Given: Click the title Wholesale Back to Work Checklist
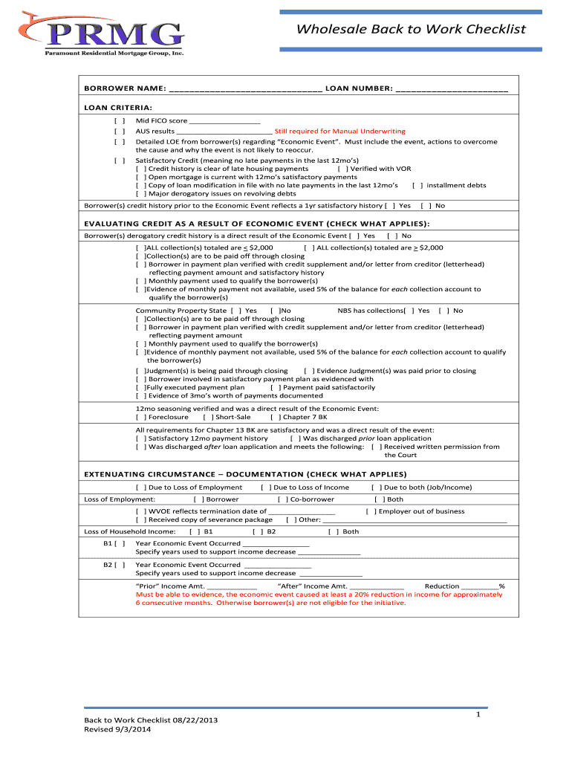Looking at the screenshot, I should click(x=411, y=29).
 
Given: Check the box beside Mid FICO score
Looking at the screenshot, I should click(x=119, y=120).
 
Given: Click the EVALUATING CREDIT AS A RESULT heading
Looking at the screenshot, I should click(x=256, y=224).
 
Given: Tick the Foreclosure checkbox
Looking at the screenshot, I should click(x=140, y=417).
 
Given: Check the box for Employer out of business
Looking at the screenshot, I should click(x=371, y=511).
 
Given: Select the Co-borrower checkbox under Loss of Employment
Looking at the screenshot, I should click(x=283, y=499).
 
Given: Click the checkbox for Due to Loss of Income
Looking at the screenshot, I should click(x=265, y=488).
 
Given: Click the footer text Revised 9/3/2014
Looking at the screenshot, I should click(x=120, y=730).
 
